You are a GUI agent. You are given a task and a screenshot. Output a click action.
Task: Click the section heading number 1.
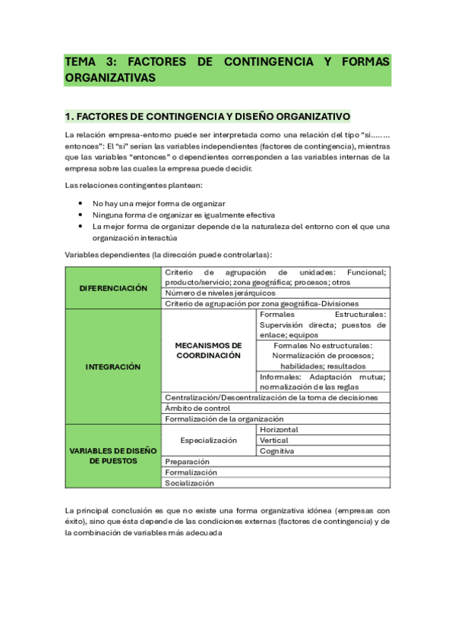click(69, 117)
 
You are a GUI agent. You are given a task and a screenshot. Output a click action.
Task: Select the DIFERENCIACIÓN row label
click(114, 288)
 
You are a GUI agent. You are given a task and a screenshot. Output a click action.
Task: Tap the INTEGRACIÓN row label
click(114, 366)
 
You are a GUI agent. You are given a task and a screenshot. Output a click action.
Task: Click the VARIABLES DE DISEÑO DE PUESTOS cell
click(114, 456)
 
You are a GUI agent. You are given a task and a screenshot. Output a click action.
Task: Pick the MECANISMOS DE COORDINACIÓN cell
click(209, 350)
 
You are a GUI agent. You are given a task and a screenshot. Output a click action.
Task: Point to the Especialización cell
click(209, 440)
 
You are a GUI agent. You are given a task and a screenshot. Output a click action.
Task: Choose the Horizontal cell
click(279, 429)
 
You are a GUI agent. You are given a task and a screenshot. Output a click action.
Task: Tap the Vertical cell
click(274, 440)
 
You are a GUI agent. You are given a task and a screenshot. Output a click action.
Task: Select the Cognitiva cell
click(277, 450)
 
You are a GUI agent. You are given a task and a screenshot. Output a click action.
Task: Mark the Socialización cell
click(190, 482)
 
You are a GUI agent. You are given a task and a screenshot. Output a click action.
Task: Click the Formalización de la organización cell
click(224, 419)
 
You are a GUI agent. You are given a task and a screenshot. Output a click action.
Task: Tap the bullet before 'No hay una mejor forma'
click(81, 204)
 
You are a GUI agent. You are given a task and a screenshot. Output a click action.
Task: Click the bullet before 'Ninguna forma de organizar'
click(81, 215)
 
